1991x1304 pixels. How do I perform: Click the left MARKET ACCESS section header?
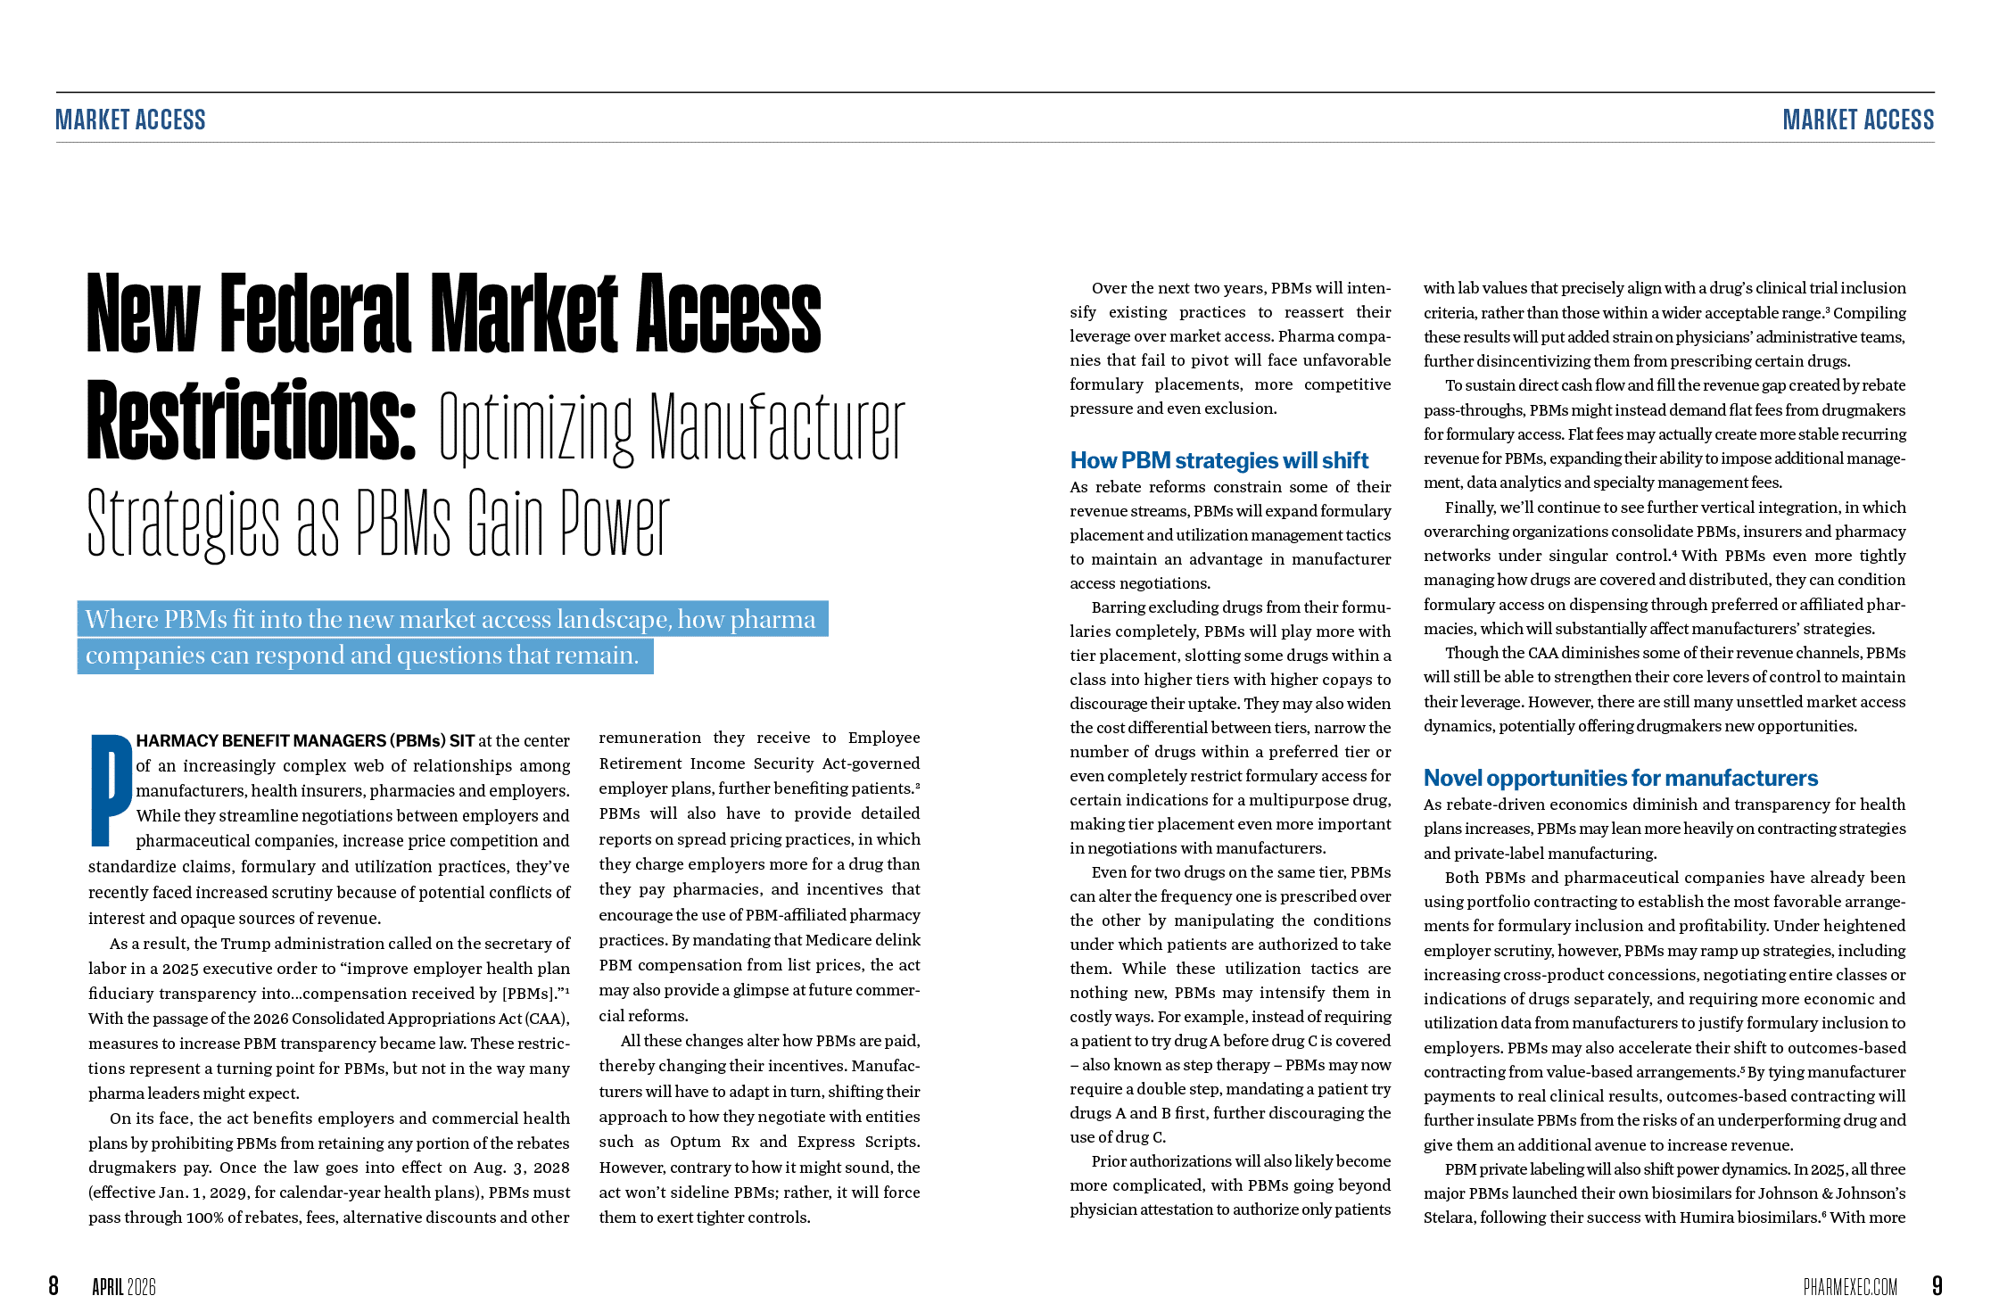(x=131, y=120)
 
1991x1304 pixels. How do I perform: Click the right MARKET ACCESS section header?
(x=1858, y=120)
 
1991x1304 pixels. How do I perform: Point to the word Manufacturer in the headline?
(x=777, y=428)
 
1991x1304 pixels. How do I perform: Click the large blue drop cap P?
(x=111, y=789)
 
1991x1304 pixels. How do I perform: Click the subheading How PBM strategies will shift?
(x=1219, y=460)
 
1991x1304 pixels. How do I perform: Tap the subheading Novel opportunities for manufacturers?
(x=1620, y=778)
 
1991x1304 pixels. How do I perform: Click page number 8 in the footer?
(x=54, y=1285)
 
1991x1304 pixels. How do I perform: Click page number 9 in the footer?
(x=1937, y=1285)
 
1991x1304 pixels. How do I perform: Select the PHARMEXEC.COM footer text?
(x=1850, y=1286)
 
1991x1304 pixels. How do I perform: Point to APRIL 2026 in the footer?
(x=124, y=1286)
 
